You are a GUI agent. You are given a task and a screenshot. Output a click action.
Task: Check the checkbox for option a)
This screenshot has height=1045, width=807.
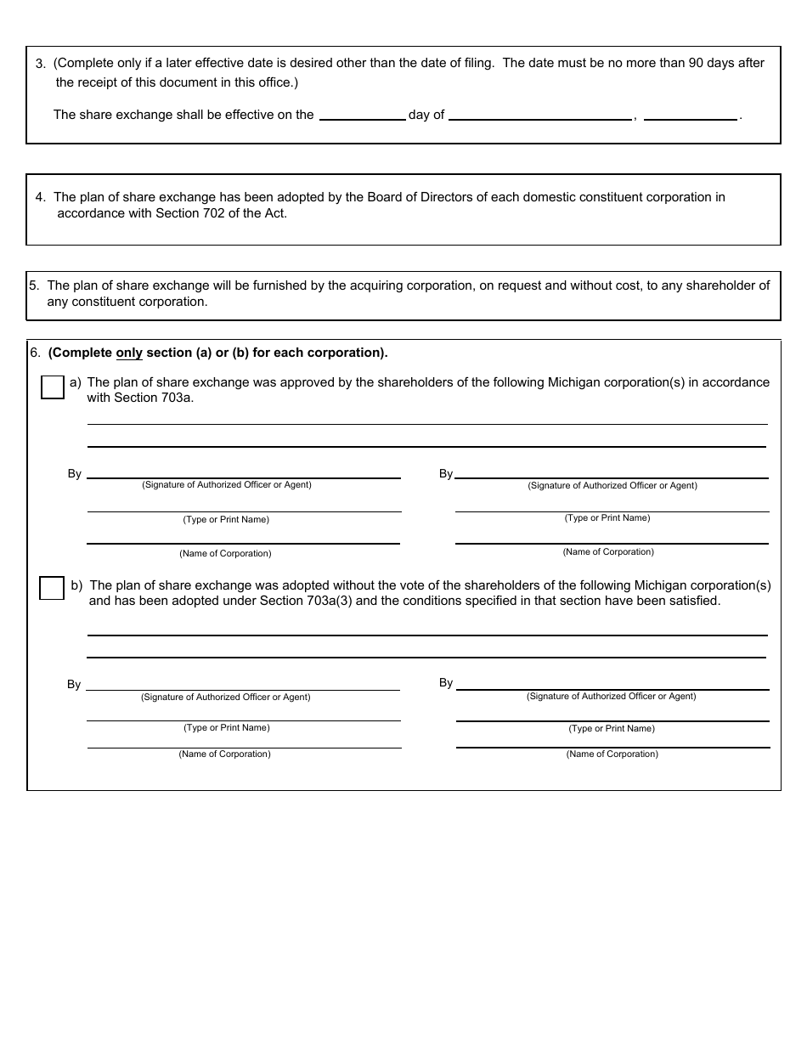53,387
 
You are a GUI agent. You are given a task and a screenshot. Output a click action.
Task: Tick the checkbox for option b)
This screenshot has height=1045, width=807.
52,588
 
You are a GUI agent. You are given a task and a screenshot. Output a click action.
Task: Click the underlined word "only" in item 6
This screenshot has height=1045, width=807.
129,353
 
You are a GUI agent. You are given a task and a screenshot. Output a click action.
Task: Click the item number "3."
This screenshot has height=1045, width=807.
41,64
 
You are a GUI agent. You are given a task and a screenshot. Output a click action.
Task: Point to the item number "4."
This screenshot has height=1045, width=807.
41,197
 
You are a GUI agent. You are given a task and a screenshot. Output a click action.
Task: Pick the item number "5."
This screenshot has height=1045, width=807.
35,286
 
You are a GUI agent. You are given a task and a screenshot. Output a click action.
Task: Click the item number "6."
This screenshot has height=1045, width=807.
35,353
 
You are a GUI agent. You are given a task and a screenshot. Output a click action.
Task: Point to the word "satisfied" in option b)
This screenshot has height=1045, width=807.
691,601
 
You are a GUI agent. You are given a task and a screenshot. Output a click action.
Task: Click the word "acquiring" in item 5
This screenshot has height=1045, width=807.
378,286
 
